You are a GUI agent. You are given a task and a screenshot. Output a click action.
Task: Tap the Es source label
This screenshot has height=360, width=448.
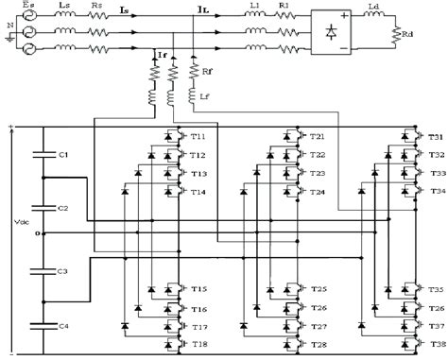tap(26, 8)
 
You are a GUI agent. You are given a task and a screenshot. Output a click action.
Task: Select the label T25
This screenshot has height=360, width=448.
tap(319, 288)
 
